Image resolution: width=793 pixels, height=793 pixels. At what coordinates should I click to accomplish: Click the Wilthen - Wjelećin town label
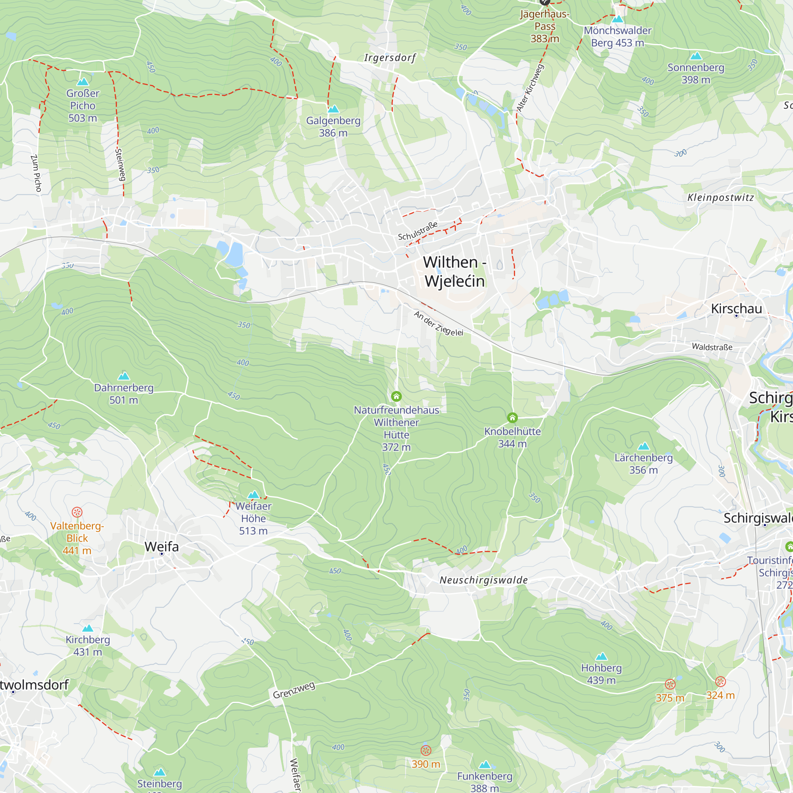coord(454,272)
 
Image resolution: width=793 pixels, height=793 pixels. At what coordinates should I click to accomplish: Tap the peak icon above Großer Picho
coord(83,82)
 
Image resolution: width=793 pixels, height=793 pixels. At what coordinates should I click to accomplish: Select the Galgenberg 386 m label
coord(333,126)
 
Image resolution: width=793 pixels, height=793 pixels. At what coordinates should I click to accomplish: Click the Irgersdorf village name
coord(390,58)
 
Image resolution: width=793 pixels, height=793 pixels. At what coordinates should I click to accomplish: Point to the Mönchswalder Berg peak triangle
coord(617,19)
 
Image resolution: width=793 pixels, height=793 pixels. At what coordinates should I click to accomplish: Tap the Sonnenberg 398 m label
coord(696,73)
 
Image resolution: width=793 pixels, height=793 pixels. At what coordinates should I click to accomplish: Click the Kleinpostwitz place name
coord(720,197)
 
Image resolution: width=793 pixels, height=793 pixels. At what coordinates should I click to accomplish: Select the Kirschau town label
coord(736,308)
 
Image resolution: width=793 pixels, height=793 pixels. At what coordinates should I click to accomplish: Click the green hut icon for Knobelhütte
coord(512,418)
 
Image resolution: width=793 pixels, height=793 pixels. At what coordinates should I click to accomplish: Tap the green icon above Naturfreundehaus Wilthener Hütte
coord(396,396)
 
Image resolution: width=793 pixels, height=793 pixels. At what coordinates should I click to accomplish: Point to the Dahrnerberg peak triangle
coord(124,376)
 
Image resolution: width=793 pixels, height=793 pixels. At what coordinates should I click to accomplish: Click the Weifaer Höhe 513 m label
coord(253,518)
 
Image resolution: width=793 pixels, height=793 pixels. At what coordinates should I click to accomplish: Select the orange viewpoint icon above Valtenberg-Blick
coord(77,512)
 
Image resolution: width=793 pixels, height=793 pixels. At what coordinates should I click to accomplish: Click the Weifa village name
coord(162,547)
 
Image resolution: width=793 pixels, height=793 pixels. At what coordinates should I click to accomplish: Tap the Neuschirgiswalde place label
coord(483,580)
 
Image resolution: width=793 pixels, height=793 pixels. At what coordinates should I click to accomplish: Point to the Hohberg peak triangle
coord(601,656)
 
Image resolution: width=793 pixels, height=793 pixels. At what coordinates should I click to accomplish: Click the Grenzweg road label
coord(294,690)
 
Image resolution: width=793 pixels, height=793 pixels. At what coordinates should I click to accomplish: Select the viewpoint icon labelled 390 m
coord(425,750)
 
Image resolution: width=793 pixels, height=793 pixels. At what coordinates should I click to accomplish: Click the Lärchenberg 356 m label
coord(643,464)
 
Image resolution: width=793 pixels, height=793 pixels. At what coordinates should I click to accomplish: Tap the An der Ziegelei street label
coord(439,324)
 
